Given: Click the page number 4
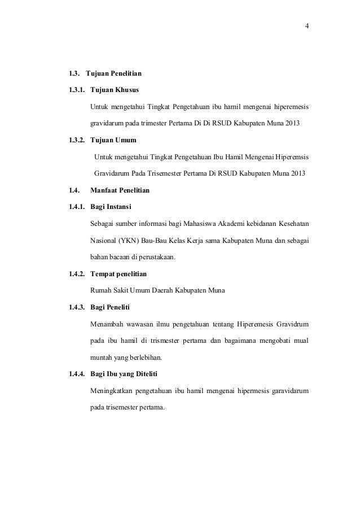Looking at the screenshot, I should click(306, 26).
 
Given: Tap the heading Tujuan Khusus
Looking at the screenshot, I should click(115, 90).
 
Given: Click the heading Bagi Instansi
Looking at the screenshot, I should click(111, 207).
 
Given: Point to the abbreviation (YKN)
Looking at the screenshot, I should click(129, 241).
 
